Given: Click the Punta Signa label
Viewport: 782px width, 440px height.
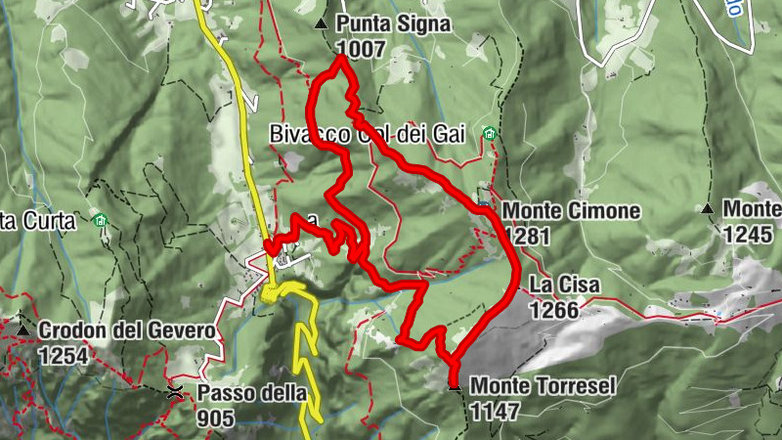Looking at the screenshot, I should pyautogui.click(x=393, y=24).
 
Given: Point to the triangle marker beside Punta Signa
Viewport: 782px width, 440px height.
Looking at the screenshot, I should pyautogui.click(x=320, y=22).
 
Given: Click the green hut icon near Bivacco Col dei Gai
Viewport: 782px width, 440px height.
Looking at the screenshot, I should pyautogui.click(x=489, y=134).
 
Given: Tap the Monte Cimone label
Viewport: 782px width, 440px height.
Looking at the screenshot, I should pyautogui.click(x=571, y=211).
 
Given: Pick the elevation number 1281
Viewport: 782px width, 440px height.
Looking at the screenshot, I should pyautogui.click(x=528, y=236).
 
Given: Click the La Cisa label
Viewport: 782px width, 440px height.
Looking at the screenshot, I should pyautogui.click(x=565, y=286).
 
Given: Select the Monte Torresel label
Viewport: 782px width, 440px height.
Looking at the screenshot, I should pyautogui.click(x=543, y=386).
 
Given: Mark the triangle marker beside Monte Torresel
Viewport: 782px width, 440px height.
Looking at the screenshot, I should pyautogui.click(x=455, y=385).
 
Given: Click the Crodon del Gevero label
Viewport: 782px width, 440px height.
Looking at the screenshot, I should pyautogui.click(x=126, y=331).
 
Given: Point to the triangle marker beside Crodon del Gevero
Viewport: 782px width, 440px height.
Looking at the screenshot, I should pyautogui.click(x=22, y=330).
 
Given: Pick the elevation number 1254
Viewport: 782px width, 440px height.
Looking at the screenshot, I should pyautogui.click(x=64, y=355).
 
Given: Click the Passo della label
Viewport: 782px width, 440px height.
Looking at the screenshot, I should pyautogui.click(x=252, y=394).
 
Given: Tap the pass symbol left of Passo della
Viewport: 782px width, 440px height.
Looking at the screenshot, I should pyautogui.click(x=175, y=393).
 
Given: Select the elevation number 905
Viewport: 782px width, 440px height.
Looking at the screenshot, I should pyautogui.click(x=215, y=418).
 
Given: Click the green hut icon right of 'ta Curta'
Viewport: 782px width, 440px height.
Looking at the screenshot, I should pyautogui.click(x=100, y=221).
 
